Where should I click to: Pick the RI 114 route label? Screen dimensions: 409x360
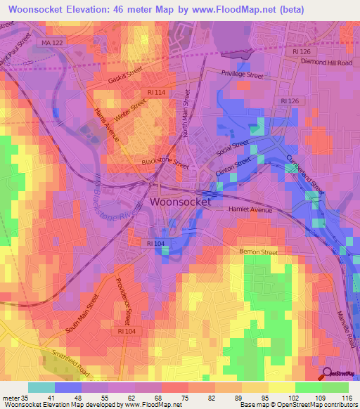(157, 91)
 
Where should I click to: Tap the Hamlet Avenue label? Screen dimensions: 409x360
(251, 209)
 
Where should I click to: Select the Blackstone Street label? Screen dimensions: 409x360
(165, 161)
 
